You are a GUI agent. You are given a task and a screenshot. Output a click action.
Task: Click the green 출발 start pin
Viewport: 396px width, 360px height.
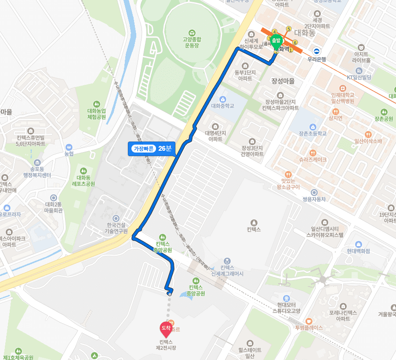pos(276,41)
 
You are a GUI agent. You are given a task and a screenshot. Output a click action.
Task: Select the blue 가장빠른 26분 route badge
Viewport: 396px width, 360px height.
pos(152,149)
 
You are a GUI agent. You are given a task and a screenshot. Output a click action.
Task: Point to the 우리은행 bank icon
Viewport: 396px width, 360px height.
pos(316,51)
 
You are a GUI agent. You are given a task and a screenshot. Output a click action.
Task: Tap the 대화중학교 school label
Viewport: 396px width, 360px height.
pos(222,105)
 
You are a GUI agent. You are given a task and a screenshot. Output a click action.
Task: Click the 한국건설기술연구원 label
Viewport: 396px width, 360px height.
pos(116,228)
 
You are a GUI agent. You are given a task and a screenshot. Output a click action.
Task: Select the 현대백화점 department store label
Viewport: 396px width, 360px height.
pos(359,251)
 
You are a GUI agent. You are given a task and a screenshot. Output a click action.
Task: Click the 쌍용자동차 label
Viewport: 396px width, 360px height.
pos(314,199)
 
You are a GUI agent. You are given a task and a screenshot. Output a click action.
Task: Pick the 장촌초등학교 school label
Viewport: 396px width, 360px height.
pos(312,133)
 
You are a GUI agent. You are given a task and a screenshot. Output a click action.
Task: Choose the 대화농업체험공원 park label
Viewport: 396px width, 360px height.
pos(97,114)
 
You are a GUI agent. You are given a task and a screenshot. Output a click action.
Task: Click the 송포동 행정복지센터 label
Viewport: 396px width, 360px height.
pos(37,172)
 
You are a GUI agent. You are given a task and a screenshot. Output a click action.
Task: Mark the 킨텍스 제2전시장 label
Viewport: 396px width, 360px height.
pos(166,345)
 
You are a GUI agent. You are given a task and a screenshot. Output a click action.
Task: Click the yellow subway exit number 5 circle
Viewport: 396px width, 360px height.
pos(289,29)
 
